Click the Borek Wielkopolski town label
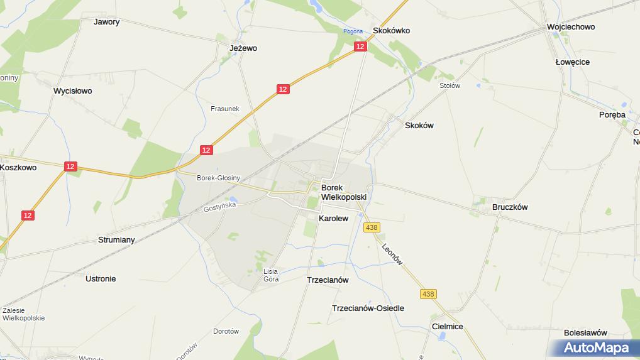(343, 192)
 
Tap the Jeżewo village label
(243, 48)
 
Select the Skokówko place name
(391, 30)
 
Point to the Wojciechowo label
(571, 27)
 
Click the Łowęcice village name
(572, 62)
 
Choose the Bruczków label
(510, 207)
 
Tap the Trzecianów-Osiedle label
(368, 308)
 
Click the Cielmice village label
(448, 327)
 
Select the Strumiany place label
(116, 240)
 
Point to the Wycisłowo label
(73, 90)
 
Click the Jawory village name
(106, 21)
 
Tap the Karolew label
(333, 219)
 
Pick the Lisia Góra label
(271, 275)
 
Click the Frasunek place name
(224, 109)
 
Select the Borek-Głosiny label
(218, 178)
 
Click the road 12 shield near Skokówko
(360, 46)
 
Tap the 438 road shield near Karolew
(372, 227)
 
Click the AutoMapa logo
(595, 347)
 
